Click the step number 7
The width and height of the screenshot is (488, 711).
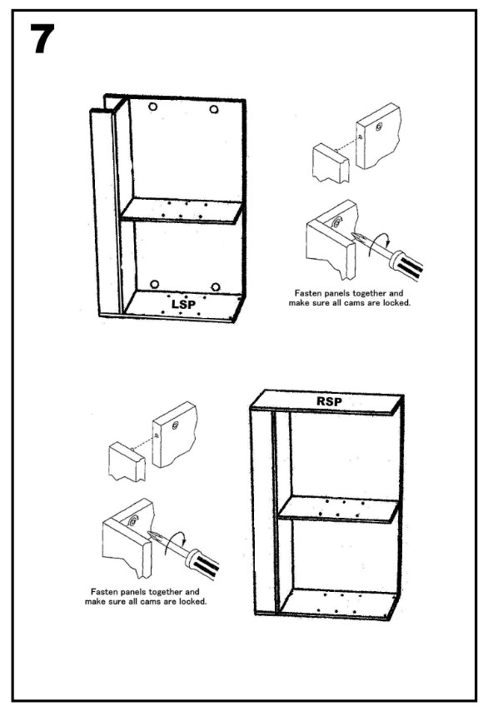(x=42, y=39)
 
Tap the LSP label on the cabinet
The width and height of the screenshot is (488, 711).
(x=183, y=304)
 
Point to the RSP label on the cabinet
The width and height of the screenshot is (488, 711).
(x=329, y=401)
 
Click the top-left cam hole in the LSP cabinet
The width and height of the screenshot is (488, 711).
(x=153, y=107)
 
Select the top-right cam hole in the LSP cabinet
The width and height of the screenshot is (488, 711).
(x=214, y=109)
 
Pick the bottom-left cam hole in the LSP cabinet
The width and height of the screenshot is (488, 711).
(x=155, y=285)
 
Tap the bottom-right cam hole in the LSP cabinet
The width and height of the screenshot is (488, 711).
(x=216, y=287)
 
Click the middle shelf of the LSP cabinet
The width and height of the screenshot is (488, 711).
(x=182, y=211)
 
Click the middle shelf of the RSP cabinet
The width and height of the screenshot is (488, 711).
(x=338, y=510)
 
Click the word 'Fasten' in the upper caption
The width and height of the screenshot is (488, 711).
(x=307, y=293)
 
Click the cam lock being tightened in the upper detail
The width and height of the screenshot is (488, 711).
(x=337, y=223)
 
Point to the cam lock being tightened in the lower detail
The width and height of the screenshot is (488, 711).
(x=133, y=521)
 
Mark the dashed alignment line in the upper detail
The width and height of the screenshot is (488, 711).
(x=347, y=143)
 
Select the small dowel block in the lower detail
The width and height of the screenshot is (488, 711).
(x=127, y=461)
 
